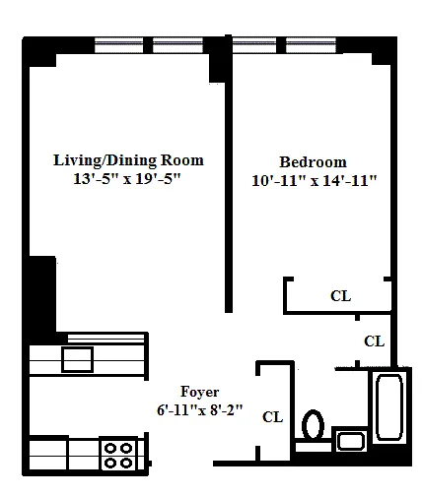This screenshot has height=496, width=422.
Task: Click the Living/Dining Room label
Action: (128, 160)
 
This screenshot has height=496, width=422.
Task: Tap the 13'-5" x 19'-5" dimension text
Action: (127, 179)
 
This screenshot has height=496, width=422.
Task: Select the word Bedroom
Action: (313, 162)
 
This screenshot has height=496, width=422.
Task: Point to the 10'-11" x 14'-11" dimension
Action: (315, 180)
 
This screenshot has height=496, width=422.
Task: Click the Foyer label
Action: (199, 392)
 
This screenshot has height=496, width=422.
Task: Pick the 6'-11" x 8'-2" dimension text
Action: (199, 409)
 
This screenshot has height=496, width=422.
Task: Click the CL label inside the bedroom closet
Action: (341, 296)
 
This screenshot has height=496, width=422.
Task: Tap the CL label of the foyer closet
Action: (272, 417)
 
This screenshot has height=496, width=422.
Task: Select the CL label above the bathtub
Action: (374, 341)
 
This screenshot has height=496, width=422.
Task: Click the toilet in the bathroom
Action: (313, 425)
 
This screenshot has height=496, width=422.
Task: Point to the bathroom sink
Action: (351, 441)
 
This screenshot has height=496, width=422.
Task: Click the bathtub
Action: (389, 406)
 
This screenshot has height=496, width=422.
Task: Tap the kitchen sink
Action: (78, 359)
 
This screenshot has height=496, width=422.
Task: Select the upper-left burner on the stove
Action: (111, 448)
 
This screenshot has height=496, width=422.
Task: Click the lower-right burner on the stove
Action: (126, 463)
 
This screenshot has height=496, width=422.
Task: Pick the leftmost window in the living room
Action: (119, 45)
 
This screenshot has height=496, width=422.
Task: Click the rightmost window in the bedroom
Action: (311, 45)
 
